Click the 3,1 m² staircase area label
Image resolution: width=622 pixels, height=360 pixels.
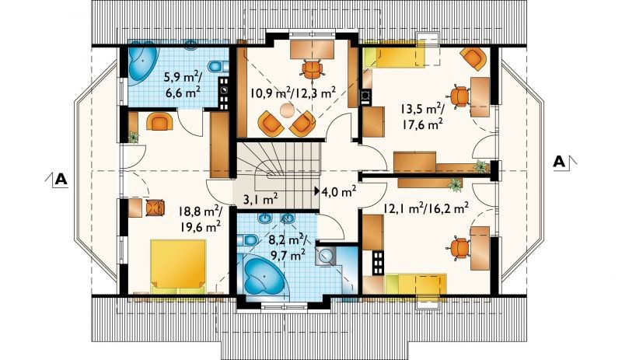[260, 199]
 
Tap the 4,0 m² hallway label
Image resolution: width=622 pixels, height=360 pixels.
[338, 192]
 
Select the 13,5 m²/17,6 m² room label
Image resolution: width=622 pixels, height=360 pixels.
[422, 117]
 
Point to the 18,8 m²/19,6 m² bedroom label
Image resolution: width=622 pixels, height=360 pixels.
[200, 218]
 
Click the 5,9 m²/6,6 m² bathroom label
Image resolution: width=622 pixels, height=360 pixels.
[183, 84]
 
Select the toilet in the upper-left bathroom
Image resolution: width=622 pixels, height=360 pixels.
[218, 67]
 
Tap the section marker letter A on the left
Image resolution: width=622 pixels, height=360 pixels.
[61, 180]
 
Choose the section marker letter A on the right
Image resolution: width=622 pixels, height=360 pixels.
[559, 162]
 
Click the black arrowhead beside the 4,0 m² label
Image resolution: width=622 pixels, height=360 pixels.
[317, 191]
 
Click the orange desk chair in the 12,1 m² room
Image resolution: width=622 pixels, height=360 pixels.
[460, 249]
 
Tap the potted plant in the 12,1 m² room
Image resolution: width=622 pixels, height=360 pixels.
[456, 183]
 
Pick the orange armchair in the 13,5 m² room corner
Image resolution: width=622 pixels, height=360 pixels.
[473, 59]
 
